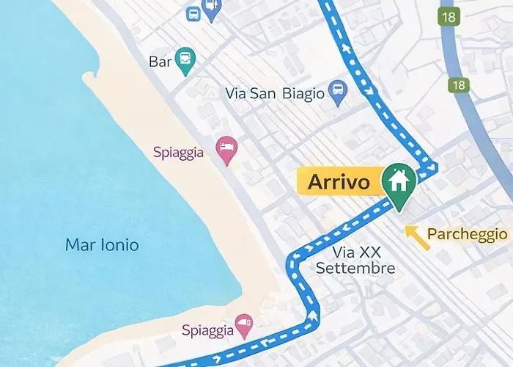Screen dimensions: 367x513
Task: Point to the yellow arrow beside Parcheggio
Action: click(x=417, y=236)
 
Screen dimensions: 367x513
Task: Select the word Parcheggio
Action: click(x=467, y=234)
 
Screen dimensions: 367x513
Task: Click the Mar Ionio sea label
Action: click(x=102, y=245)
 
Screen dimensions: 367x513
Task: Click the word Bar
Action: click(x=160, y=62)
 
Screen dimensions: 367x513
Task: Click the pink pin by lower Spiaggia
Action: click(x=243, y=324)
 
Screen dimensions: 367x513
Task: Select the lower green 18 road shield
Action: click(x=459, y=85)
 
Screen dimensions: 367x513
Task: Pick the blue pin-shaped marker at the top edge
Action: click(x=212, y=9)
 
